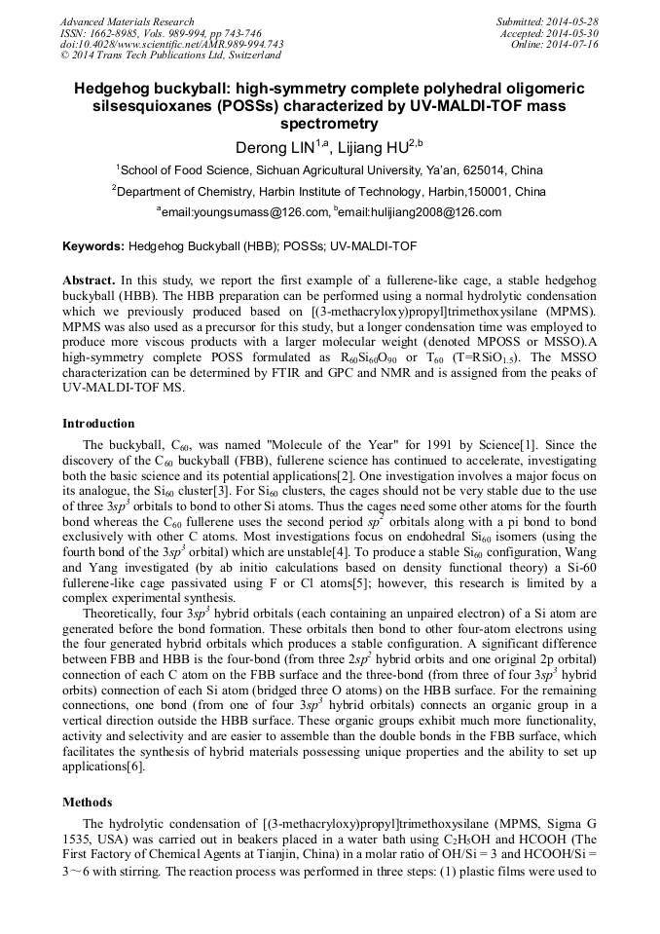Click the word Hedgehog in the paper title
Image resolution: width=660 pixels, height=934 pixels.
tap(116, 87)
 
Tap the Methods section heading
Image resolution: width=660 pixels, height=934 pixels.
tap(88, 802)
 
